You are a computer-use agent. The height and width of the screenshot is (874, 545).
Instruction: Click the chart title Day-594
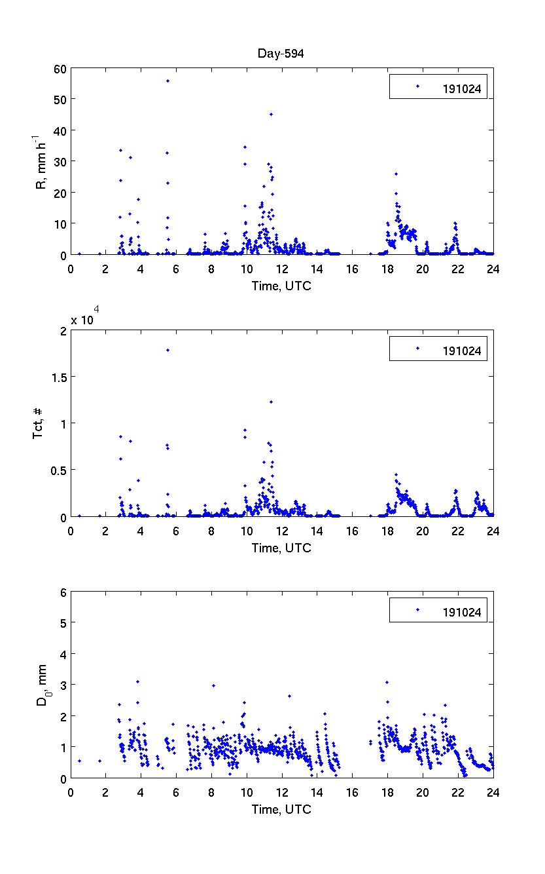pyautogui.click(x=281, y=54)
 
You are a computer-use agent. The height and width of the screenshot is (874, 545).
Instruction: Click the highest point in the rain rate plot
pyautogui.click(x=167, y=81)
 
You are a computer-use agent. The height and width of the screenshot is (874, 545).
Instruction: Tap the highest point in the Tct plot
pyautogui.click(x=167, y=350)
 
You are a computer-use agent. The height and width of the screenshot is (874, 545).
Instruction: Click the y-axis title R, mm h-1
pyautogui.click(x=43, y=161)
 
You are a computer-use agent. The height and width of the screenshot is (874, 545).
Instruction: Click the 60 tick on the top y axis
pyautogui.click(x=60, y=68)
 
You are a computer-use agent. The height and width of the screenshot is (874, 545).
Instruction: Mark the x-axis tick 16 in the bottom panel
pyautogui.click(x=352, y=791)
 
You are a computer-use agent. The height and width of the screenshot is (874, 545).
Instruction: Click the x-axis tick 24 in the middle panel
pyautogui.click(x=493, y=530)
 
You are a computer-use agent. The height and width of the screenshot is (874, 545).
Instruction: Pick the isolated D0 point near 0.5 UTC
pyautogui.click(x=79, y=761)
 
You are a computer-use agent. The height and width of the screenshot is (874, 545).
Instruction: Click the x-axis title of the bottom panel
pyautogui.click(x=281, y=809)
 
